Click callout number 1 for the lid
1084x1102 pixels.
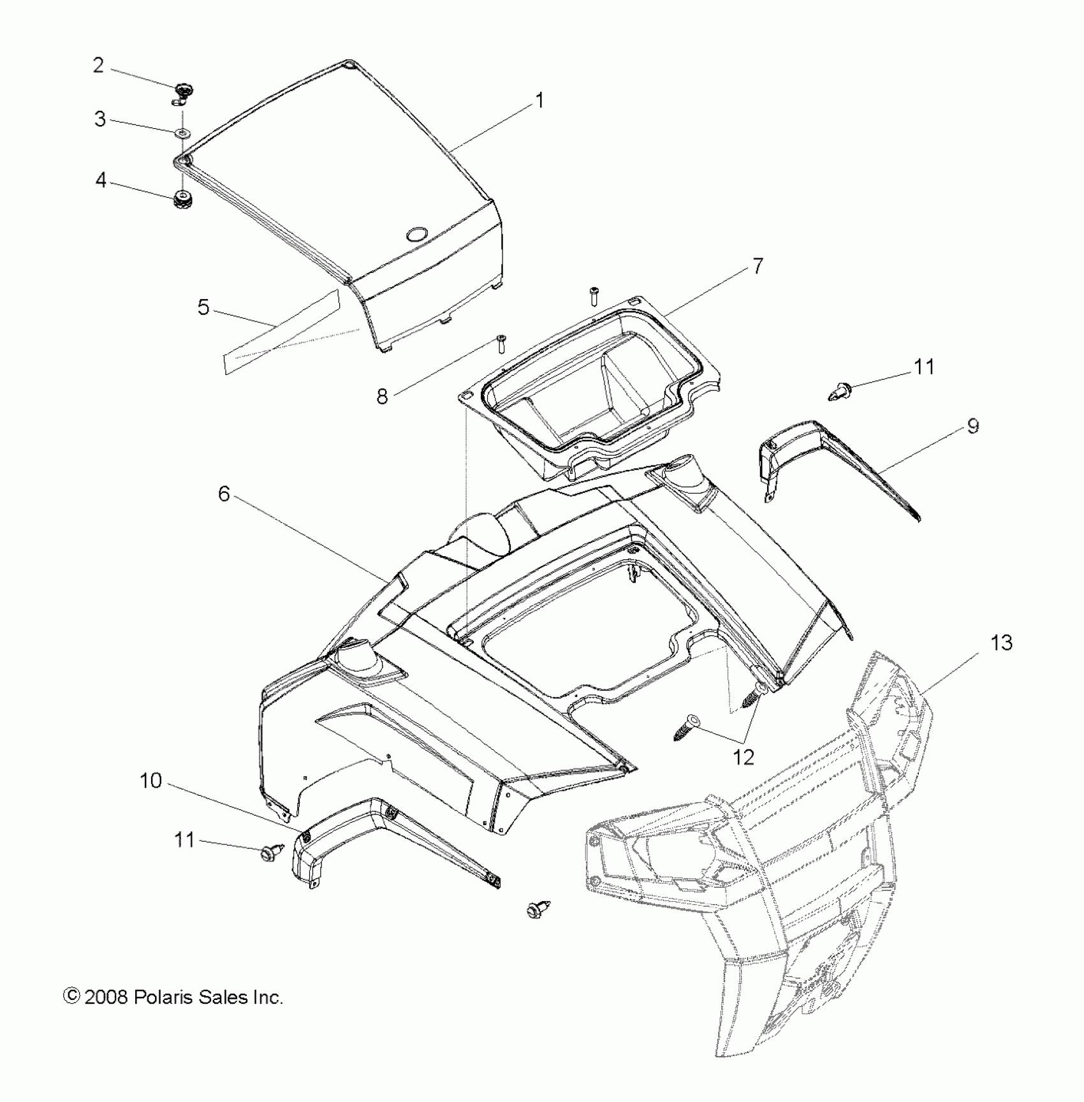tap(539, 101)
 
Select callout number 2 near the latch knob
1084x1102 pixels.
tap(98, 65)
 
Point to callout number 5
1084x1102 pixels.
tap(203, 307)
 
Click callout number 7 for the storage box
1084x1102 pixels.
tap(758, 265)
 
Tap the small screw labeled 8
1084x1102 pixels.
tap(500, 343)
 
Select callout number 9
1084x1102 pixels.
tap(972, 426)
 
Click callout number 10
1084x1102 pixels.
tap(151, 781)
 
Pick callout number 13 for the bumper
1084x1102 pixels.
tap(1001, 643)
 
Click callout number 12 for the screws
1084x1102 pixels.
tap(744, 757)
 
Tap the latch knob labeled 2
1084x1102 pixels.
tap(183, 91)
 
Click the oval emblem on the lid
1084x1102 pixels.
tap(418, 234)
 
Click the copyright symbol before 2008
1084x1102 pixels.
tap(71, 997)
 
